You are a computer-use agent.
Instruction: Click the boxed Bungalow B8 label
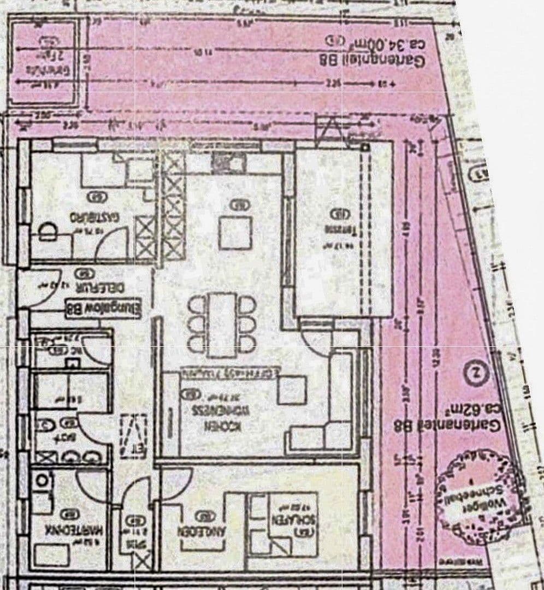pyautogui.click(x=103, y=309)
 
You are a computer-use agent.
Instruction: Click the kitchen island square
pyautogui.click(x=235, y=232)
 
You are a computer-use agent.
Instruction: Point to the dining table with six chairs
pyautogui.click(x=222, y=324)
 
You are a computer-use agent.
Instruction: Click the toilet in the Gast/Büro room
pyautogui.click(x=48, y=232)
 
